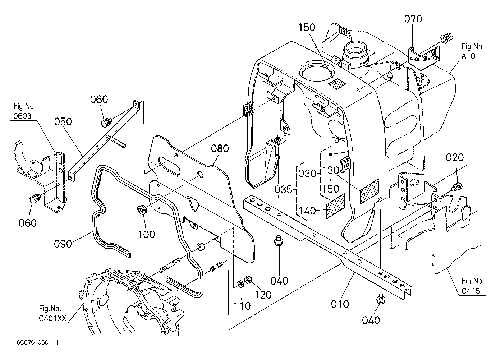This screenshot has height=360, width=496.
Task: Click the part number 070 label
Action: [413, 19]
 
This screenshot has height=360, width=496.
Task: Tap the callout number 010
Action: [340, 304]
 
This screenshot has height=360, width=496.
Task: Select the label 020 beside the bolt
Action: [455, 157]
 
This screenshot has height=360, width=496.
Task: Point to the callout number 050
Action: [63, 122]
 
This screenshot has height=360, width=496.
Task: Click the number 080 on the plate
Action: [220, 148]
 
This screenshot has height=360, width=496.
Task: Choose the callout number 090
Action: [63, 244]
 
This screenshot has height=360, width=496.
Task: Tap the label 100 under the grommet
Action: [146, 234]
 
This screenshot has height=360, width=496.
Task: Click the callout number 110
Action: [242, 306]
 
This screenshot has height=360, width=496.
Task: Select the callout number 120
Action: [263, 295]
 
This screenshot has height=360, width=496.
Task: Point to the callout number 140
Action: [307, 211]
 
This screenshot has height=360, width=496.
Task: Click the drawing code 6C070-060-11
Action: [37, 343]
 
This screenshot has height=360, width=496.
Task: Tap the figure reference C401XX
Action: [52, 319]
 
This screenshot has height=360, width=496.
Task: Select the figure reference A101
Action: [470, 56]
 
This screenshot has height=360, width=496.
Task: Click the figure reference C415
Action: [471, 291]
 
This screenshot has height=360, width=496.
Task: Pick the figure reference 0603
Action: [22, 116]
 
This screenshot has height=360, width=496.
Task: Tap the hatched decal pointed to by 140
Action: [335, 206]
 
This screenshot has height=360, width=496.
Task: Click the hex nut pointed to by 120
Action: [248, 280]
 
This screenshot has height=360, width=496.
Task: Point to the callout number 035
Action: [284, 189]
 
